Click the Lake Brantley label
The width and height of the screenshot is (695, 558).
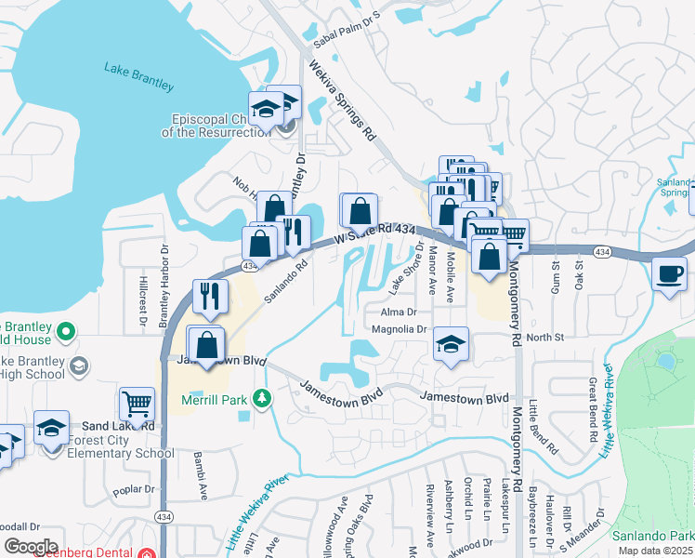(x=139, y=77)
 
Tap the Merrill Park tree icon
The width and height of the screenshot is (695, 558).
(x=264, y=398)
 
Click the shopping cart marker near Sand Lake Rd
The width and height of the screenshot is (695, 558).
(x=137, y=405)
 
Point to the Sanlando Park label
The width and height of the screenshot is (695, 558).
(x=652, y=536)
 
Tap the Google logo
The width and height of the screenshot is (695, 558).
(x=31, y=546)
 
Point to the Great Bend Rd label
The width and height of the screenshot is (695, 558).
(x=591, y=400)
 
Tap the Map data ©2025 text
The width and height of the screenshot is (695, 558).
(x=655, y=551)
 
